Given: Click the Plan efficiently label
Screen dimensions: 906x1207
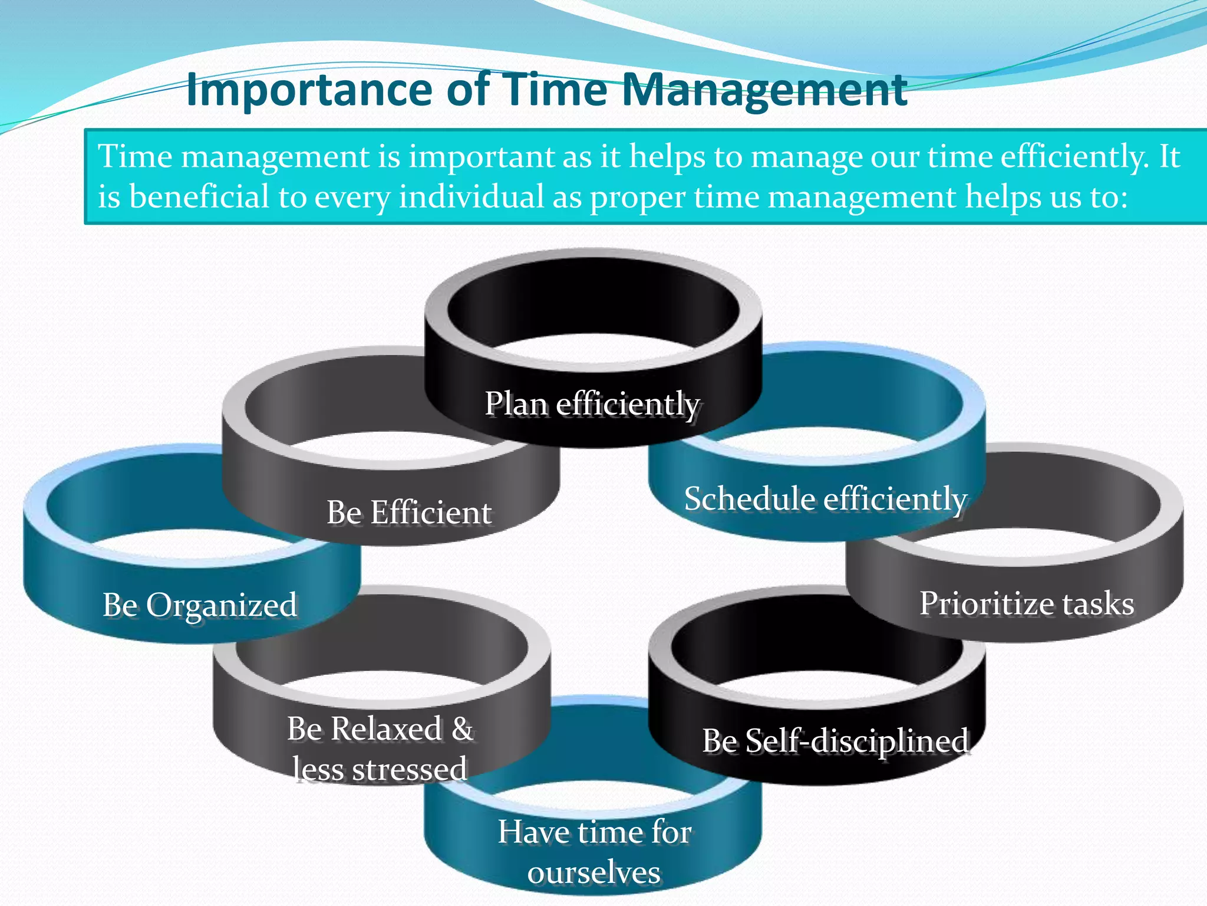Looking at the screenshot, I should pyautogui.click(x=592, y=405).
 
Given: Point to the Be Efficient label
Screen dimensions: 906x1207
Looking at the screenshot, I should pyautogui.click(x=409, y=512).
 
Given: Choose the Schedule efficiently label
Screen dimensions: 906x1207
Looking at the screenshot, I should pyautogui.click(x=825, y=499).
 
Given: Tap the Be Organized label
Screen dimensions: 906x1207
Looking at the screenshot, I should pyautogui.click(x=200, y=605).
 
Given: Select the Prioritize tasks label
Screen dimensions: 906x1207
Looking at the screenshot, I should pyautogui.click(x=1027, y=603).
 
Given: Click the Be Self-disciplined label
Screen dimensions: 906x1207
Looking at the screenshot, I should pyautogui.click(x=835, y=741).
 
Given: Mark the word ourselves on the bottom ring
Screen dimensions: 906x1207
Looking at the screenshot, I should pyautogui.click(x=593, y=872).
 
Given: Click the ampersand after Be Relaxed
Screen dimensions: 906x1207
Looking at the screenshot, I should pyautogui.click(x=463, y=728).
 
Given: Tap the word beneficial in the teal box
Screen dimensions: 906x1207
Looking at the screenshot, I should pyautogui.click(x=199, y=196).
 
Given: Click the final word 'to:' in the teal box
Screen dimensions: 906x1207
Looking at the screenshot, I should pyautogui.click(x=1109, y=196).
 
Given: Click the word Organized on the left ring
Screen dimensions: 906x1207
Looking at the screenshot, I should pyautogui.click(x=222, y=606).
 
